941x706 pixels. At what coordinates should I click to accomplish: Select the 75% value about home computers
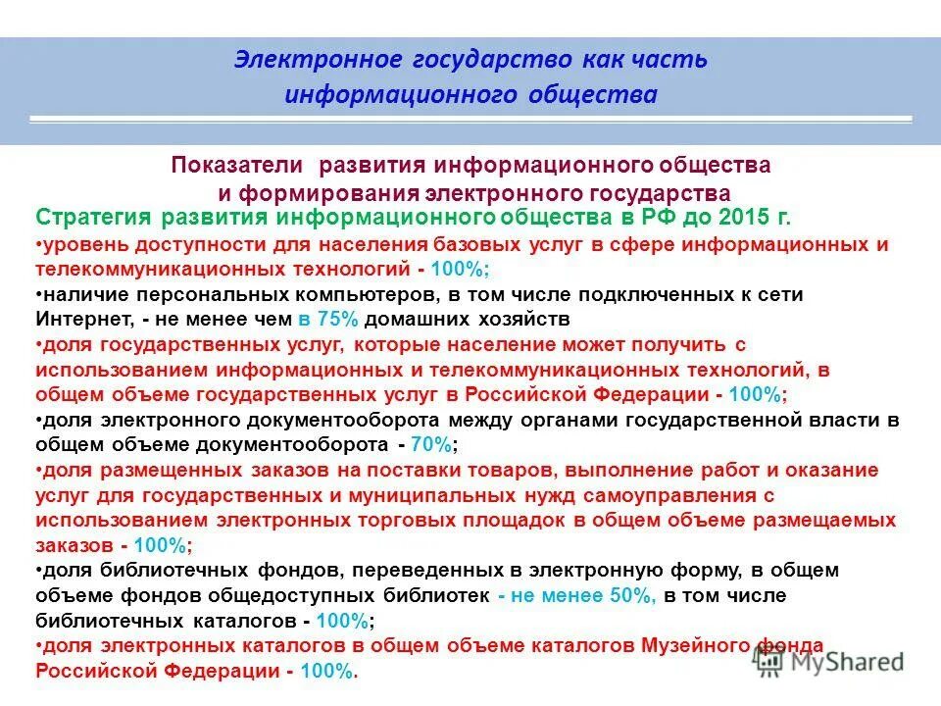click(x=320, y=319)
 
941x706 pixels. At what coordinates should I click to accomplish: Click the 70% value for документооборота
click(x=433, y=444)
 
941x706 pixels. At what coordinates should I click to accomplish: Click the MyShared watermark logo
click(x=832, y=662)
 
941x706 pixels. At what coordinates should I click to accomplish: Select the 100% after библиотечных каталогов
click(x=343, y=621)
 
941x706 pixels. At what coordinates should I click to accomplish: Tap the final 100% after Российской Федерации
click(x=327, y=671)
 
